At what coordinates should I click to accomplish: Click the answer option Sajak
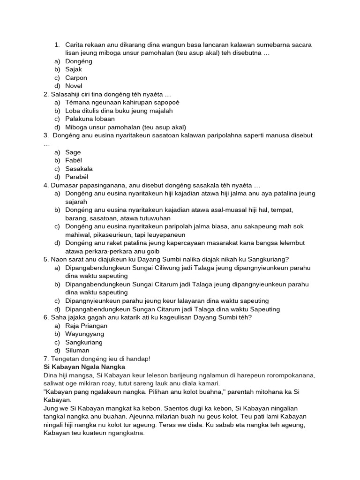74,69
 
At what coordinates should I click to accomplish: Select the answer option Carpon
76,78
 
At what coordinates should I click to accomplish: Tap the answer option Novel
74,86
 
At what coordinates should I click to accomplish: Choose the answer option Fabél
74,160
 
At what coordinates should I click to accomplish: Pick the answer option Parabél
76,177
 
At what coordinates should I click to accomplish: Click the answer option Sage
73,152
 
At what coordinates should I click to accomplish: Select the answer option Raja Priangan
86,326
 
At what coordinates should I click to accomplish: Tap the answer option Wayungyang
84,334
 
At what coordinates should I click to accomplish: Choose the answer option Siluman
77,350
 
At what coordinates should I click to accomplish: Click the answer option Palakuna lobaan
90,119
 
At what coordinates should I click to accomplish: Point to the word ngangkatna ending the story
127,433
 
